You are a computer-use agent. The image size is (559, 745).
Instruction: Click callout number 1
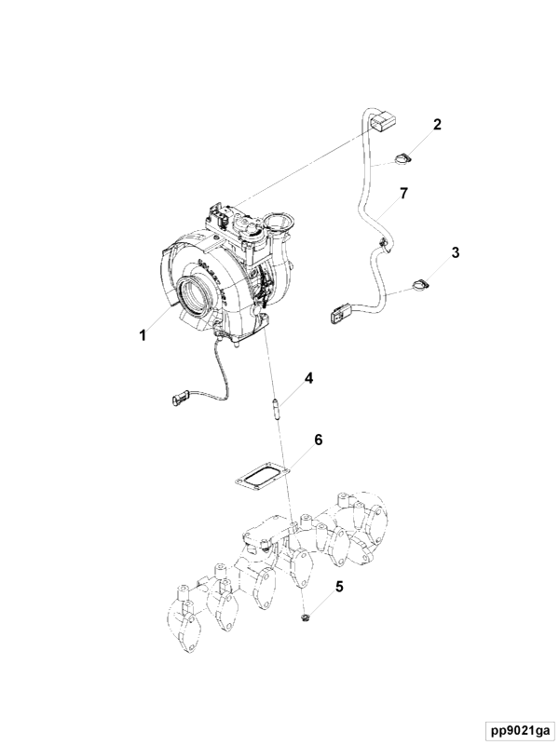[143, 335]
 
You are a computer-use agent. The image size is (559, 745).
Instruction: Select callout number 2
[437, 124]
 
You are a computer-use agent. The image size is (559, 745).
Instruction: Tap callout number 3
[456, 252]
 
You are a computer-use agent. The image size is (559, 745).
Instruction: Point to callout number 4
[309, 379]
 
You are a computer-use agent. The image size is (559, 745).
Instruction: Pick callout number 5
[339, 587]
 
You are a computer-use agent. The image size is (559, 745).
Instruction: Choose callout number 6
[318, 440]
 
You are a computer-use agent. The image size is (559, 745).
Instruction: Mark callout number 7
[403, 194]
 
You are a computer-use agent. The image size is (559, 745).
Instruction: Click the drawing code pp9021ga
[520, 729]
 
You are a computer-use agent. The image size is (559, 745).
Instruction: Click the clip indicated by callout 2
[402, 159]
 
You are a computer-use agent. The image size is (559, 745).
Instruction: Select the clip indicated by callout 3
[419, 284]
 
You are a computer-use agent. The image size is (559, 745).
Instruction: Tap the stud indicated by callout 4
[274, 409]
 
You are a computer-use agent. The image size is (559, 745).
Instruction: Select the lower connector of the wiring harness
[339, 314]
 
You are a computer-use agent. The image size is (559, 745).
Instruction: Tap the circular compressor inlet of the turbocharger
[197, 297]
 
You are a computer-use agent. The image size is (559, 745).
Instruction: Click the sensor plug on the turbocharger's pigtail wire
[179, 399]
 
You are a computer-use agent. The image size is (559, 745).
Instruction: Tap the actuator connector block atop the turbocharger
[219, 215]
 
